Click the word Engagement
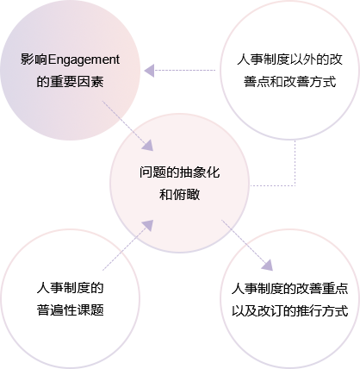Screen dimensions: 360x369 point(84,60)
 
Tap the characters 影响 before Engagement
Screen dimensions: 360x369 point(34,59)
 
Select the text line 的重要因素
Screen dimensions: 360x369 point(70,82)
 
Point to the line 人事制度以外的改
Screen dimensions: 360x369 point(290,59)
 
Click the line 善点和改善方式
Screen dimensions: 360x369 point(290,82)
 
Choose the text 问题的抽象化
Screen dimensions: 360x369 point(180,172)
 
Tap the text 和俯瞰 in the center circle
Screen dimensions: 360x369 point(180,195)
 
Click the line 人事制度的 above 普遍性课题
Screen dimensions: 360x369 point(70,288)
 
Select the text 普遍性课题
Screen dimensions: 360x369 point(70,310)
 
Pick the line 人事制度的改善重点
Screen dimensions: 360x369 point(290,289)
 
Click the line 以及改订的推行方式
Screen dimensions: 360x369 point(290,310)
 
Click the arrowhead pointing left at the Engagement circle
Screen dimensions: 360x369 point(149,71)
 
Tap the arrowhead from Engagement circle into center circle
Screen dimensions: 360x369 point(148,146)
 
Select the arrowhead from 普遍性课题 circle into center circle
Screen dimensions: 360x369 point(148,226)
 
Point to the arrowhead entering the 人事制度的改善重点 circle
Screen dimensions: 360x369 point(268,265)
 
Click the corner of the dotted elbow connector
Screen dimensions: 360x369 point(295,185)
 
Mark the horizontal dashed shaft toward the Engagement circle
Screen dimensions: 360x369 point(185,70)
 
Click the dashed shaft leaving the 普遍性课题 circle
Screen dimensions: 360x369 point(123,250)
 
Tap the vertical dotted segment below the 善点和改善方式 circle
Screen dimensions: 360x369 point(295,163)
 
